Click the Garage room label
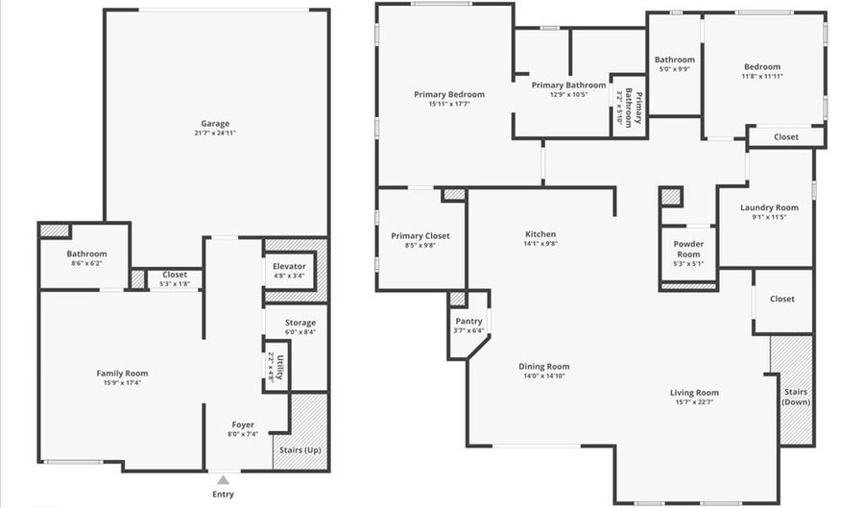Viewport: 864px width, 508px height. tap(215, 123)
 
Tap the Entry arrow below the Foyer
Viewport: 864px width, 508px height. tap(223, 479)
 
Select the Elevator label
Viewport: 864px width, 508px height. tap(289, 266)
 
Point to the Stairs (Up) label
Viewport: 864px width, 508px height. tap(300, 449)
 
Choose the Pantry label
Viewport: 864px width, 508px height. tap(468, 322)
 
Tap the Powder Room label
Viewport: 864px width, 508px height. tap(688, 249)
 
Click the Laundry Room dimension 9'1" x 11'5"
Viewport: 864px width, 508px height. tap(770, 217)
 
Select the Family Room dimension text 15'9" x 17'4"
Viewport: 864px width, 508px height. tap(122, 382)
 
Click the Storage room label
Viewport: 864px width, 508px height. tap(300, 323)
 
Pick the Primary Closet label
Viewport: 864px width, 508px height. tap(420, 235)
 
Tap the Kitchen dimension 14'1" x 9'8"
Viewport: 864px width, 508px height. tap(540, 244)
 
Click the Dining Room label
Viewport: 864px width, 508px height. tap(544, 366)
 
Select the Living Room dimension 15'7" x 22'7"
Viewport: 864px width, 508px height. tap(694, 402)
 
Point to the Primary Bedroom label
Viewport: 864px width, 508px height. tap(449, 94)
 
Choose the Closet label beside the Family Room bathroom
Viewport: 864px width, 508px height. tap(175, 274)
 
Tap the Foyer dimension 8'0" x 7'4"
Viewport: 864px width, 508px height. tap(243, 434)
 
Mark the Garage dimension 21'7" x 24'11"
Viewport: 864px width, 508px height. tap(215, 133)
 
